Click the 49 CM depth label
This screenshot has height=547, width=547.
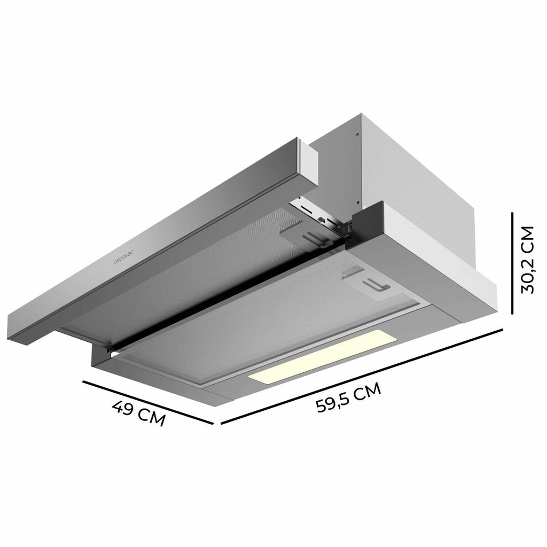point(138,413)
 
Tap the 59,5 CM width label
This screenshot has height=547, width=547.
point(348,397)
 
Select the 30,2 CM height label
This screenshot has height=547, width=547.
point(527,260)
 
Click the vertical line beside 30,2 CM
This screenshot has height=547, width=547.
point(512,263)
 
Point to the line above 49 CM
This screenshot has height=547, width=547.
point(148,403)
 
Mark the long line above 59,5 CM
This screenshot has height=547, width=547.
point(362,377)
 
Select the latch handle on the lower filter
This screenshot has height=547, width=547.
point(376,285)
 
